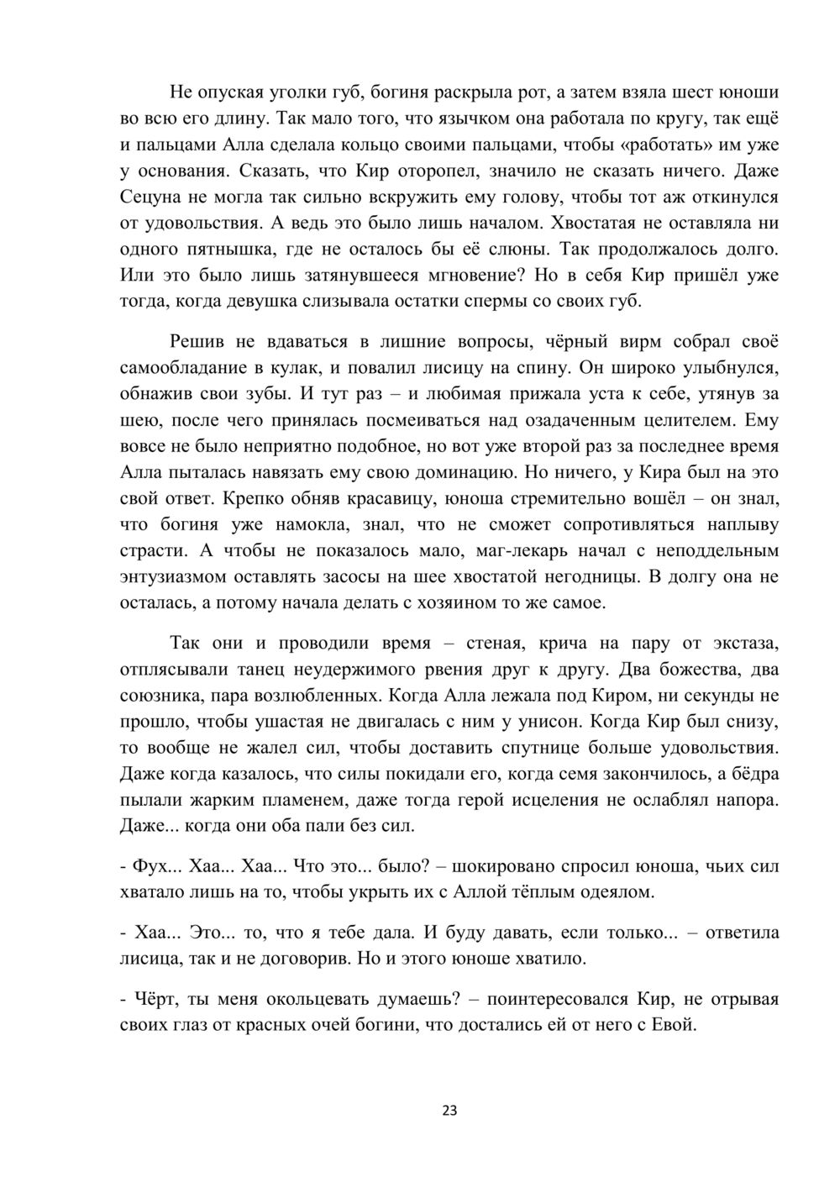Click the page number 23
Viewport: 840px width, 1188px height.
pos(449,1111)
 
